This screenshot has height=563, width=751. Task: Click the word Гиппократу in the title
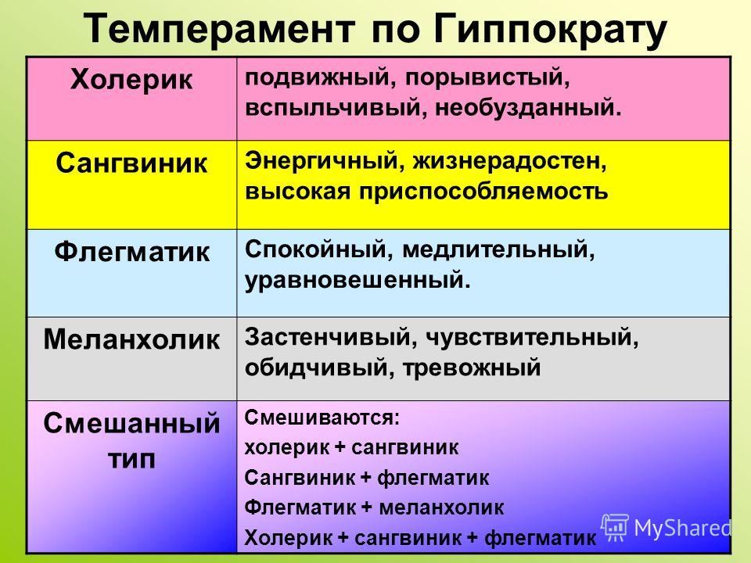[x=551, y=30]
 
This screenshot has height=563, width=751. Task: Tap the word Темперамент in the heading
[x=220, y=29]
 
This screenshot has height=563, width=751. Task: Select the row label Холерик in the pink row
[x=131, y=80]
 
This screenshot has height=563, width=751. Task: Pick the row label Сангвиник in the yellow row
[x=131, y=163]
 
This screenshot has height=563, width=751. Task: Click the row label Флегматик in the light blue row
[x=131, y=251]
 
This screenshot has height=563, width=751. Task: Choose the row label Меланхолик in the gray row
[x=131, y=339]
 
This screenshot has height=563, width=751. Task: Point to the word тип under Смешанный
[x=131, y=459]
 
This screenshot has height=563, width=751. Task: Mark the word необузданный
[x=528, y=107]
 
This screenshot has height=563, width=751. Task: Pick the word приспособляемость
[x=483, y=192]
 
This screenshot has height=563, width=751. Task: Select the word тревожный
[x=471, y=368]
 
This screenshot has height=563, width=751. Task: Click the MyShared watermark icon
[x=615, y=528]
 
